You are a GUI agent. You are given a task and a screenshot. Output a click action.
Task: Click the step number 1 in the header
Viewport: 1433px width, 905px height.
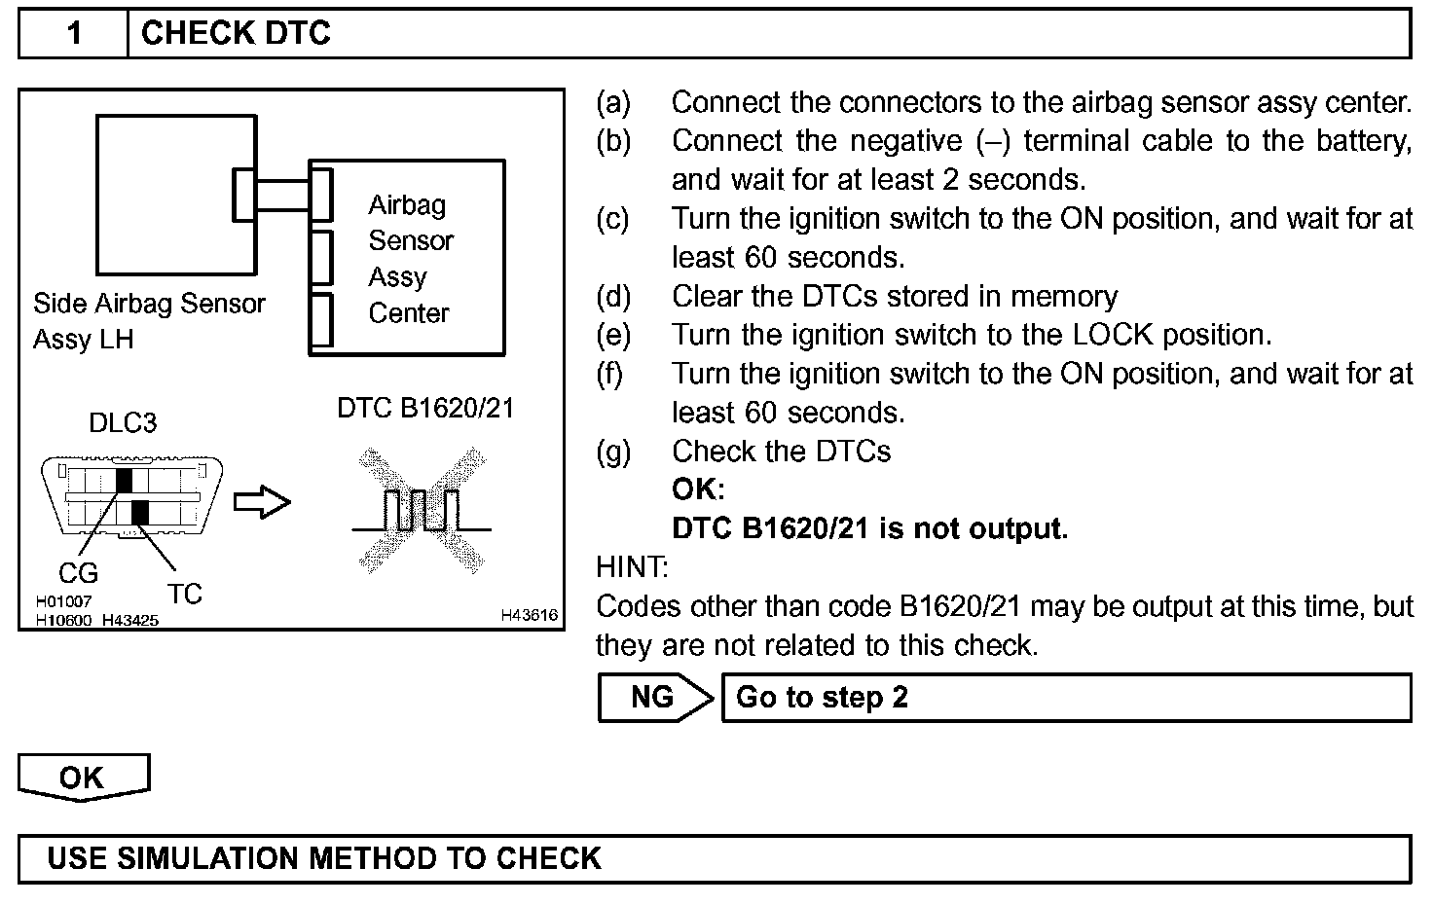coord(74,33)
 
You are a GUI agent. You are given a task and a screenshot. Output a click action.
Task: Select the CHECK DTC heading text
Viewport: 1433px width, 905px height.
coord(236,33)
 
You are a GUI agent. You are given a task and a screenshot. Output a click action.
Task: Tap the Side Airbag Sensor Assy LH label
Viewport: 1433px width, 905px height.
coord(148,321)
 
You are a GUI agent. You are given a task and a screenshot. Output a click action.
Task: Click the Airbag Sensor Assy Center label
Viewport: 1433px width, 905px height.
coord(410,259)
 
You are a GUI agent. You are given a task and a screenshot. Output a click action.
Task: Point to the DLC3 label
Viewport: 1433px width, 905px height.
coord(123,423)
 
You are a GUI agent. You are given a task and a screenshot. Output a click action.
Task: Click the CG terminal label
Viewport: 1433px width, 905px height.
coord(78,574)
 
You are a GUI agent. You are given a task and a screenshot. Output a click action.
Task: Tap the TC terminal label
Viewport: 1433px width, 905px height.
coord(184,594)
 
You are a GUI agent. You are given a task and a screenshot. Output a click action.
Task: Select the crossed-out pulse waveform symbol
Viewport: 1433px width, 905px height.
coord(422,509)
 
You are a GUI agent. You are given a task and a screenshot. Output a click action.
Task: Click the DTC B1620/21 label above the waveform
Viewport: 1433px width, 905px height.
coord(425,409)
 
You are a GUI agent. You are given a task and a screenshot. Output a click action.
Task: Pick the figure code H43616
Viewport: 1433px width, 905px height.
coord(530,615)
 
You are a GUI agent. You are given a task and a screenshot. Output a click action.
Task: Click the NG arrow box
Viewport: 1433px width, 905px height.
coord(655,697)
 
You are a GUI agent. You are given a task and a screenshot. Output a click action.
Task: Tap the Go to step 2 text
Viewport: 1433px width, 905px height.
coord(822,698)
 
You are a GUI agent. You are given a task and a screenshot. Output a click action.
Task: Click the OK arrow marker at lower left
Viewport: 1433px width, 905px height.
coord(83,778)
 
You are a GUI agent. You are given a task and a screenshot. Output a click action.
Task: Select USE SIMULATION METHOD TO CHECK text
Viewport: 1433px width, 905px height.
coord(324,858)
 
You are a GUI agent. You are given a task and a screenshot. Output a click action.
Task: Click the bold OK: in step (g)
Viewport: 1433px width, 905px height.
coord(698,489)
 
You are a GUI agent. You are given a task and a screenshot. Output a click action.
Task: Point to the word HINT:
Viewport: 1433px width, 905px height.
coord(632,566)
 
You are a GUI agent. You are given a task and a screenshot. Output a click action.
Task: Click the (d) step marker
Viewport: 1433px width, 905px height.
coord(613,296)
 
